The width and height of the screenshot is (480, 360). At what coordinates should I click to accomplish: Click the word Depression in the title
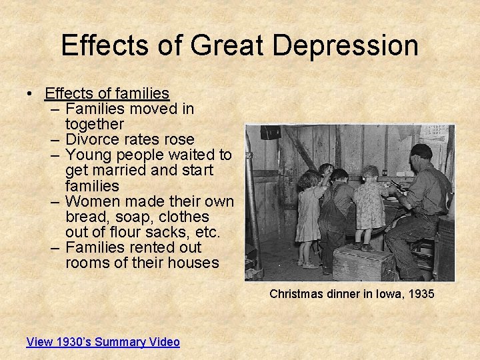tap(345, 46)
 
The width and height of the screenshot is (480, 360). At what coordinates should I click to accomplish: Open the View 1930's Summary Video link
tap(103, 342)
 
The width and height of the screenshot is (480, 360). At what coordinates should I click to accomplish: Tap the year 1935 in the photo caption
tap(421, 293)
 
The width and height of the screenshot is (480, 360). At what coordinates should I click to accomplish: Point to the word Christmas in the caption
tap(295, 293)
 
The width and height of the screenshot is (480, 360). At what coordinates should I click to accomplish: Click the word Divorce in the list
tap(91, 139)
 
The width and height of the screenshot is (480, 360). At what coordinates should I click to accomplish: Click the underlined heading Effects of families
tap(107, 93)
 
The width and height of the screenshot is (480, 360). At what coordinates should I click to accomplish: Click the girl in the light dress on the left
tap(309, 213)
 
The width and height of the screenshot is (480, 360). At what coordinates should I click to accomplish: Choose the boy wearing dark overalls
tap(337, 213)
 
